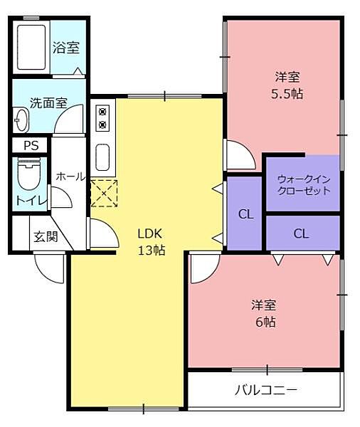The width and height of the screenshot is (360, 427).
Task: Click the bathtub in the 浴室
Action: point(31,48)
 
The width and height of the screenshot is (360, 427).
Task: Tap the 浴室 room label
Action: point(66,47)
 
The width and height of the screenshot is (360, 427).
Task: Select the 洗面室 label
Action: point(48,103)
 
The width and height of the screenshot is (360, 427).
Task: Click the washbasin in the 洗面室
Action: point(21,120)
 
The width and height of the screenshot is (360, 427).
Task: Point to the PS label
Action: point(31,146)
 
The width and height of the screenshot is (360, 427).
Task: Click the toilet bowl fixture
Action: point(29,174)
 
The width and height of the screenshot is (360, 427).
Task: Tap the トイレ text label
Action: point(31,200)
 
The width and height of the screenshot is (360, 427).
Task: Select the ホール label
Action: point(70,176)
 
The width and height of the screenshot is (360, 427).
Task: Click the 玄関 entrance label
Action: point(46,237)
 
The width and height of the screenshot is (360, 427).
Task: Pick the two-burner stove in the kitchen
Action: point(102,118)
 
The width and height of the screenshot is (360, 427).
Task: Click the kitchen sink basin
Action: point(102,157)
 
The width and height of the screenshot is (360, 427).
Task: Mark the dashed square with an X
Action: point(104,193)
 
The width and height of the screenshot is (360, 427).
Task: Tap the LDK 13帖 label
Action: point(151,242)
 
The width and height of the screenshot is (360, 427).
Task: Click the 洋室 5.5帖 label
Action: point(287,85)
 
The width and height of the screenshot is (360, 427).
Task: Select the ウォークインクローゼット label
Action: point(304,185)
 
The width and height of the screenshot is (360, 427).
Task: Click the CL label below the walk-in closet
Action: point(301,233)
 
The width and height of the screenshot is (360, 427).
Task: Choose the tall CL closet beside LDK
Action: point(244,213)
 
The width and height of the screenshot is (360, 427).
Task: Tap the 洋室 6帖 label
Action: point(265,313)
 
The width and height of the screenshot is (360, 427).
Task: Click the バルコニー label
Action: point(266,390)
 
